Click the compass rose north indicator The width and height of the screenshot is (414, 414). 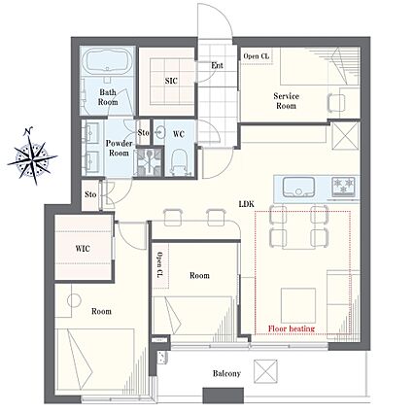(28, 131)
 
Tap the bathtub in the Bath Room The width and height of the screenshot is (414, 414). (107, 62)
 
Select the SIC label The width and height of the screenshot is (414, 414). (171, 81)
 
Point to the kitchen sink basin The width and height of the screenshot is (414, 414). (298, 188)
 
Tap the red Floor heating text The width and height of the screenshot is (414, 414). (292, 328)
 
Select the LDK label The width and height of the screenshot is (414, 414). (247, 204)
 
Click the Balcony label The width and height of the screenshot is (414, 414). (226, 373)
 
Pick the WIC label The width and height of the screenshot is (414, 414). (83, 249)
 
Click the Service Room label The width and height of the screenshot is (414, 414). (286, 101)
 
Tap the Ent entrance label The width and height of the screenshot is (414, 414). (217, 65)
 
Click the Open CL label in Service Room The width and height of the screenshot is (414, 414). (256, 56)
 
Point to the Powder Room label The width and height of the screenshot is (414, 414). (119, 148)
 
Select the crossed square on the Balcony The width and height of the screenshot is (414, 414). (265, 371)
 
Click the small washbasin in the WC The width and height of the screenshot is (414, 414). (159, 132)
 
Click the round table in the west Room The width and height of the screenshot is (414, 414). (74, 300)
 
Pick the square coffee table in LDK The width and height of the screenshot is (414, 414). (298, 305)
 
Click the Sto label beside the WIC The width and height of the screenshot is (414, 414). (90, 194)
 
